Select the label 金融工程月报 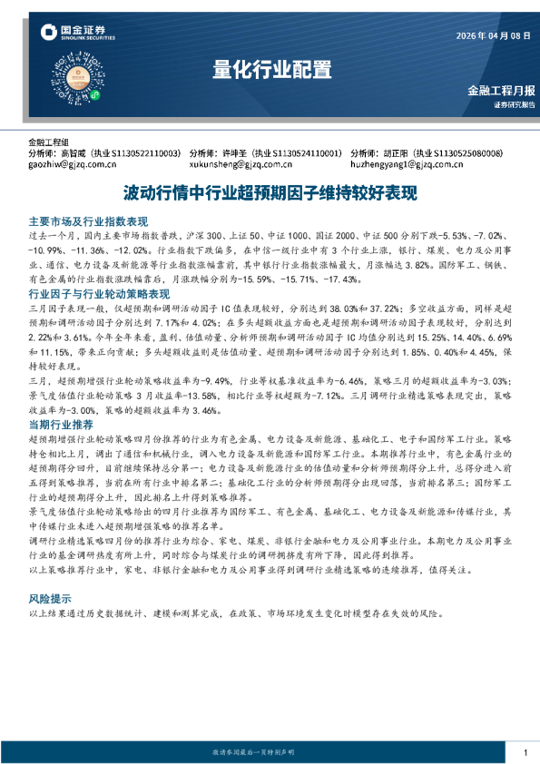tap(501, 92)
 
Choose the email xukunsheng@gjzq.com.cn tap(244, 164)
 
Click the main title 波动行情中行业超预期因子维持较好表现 tap(270, 193)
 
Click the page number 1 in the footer tap(525, 753)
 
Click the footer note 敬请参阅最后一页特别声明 tap(254, 753)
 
